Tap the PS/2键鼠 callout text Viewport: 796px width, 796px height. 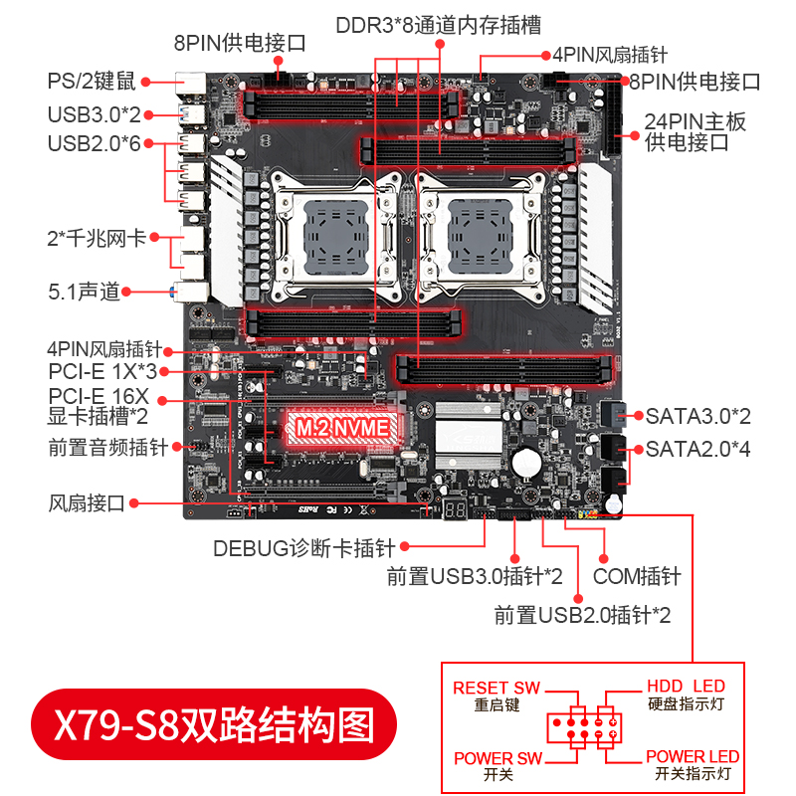coord(93,82)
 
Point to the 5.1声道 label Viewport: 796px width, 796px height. coord(84,292)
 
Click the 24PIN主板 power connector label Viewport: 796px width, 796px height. coord(695,131)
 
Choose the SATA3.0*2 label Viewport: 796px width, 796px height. coord(697,415)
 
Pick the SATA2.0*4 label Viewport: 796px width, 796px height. coord(697,449)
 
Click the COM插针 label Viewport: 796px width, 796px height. coord(637,576)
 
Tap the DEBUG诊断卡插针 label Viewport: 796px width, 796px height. coord(304,547)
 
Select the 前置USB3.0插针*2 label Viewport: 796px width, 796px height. coord(475,576)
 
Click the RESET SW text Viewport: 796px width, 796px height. coord(496,688)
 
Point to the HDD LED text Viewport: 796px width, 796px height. coord(686,687)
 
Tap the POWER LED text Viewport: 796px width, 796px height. coord(693,756)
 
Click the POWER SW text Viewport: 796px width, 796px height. coord(497,758)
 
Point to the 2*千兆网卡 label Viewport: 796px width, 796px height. coord(97,239)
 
